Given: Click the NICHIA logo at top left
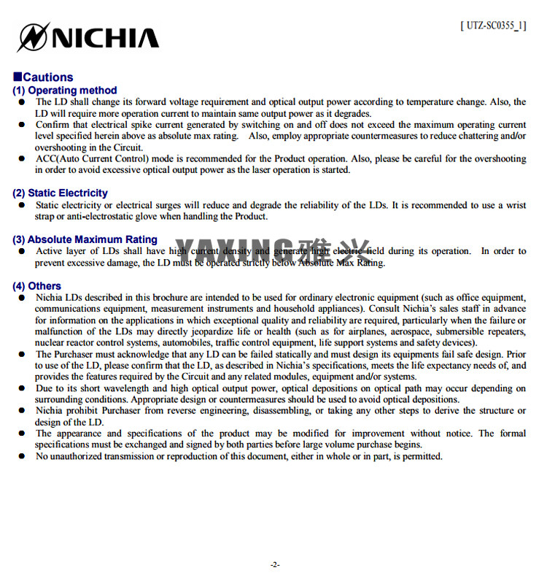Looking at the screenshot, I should pos(88,37).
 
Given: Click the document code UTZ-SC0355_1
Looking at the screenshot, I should pos(493,26).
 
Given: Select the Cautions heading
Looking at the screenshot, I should pos(48,77).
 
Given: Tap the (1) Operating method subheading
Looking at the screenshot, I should pos(65,91).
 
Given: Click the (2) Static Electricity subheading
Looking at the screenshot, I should pos(60,193).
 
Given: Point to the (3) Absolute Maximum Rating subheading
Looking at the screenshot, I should pos(85,239).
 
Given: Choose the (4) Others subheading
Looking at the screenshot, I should pos(37,286).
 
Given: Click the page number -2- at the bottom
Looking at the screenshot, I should pos(274,564).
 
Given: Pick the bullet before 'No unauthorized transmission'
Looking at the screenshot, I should pos(23,457).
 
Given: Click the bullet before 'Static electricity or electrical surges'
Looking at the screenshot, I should pos(23,206).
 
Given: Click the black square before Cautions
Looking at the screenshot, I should pos(17,77).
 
